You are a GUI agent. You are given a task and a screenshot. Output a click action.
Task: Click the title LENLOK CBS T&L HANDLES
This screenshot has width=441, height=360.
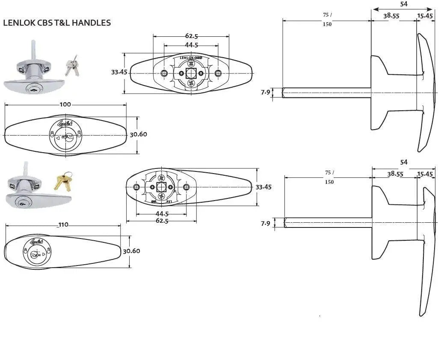[x=57, y=23]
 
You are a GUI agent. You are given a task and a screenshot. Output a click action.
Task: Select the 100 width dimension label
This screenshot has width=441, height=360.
[x=65, y=104]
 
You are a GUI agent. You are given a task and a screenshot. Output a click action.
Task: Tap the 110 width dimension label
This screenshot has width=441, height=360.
[x=63, y=225]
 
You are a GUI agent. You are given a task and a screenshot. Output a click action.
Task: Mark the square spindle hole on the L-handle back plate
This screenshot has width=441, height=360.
[x=161, y=187]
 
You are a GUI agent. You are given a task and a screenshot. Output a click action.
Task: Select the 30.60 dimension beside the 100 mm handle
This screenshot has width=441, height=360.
[x=138, y=134]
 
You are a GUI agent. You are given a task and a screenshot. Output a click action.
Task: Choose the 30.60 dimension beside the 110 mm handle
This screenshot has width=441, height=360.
[x=131, y=251]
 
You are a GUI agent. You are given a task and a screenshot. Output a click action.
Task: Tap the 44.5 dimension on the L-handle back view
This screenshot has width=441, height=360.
[x=162, y=213]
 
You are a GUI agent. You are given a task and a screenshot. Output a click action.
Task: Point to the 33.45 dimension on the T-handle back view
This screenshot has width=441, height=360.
[x=119, y=72]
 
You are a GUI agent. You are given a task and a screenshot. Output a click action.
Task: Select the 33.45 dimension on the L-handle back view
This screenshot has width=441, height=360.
[x=263, y=187]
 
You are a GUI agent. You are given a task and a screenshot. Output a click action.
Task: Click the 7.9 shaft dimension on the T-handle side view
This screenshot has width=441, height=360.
[x=266, y=92]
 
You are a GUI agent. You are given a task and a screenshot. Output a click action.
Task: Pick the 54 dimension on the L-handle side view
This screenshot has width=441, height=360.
[x=404, y=162]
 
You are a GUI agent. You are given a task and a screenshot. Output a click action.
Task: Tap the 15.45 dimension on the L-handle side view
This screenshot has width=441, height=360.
[x=425, y=174]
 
